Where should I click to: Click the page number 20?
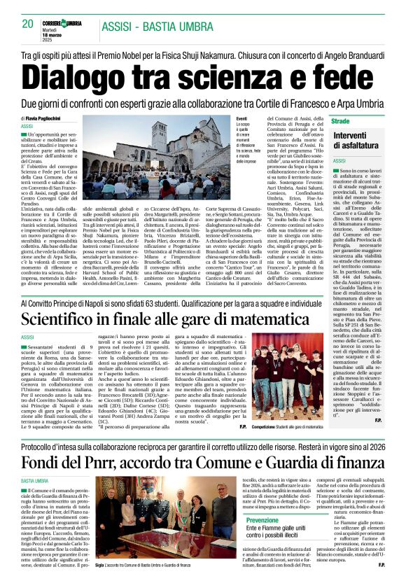[x=28, y=24]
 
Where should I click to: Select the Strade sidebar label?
[x=341, y=122]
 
